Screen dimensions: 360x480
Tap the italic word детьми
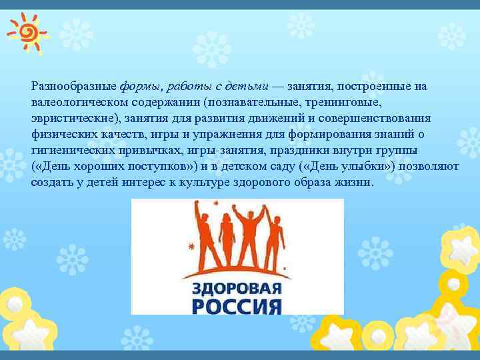coord(247,87)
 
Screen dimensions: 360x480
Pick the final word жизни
coord(358,183)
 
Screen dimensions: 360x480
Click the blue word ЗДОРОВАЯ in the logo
coord(237,289)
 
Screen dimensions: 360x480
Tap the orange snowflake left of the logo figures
coord(193,247)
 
